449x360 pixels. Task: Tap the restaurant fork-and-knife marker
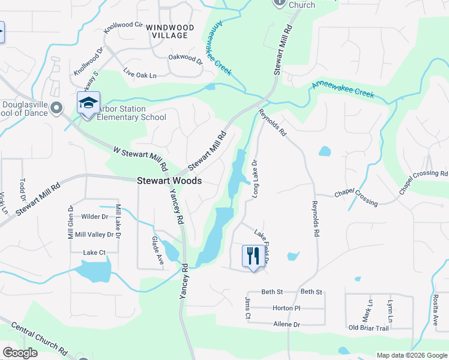(253, 256)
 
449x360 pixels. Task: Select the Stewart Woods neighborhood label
(169, 180)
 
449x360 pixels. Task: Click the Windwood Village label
(170, 32)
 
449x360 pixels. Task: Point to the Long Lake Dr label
(255, 178)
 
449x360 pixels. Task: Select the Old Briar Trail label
(369, 328)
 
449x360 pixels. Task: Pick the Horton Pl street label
(286, 308)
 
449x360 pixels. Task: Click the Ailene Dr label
(287, 324)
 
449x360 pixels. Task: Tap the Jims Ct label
(247, 304)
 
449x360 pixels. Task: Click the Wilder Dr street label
(95, 217)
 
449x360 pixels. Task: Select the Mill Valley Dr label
(94, 235)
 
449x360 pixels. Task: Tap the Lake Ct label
(94, 253)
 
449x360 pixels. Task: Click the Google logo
(20, 353)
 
